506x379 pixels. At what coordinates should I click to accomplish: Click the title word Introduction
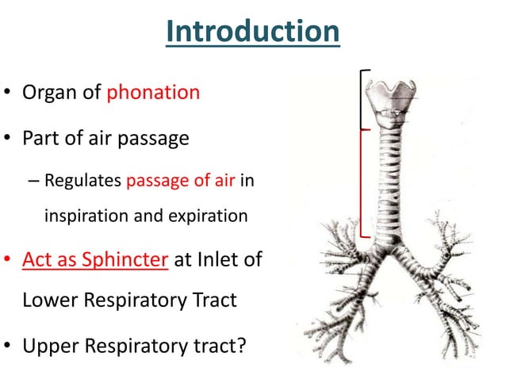253,32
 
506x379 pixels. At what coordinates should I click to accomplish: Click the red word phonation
152,92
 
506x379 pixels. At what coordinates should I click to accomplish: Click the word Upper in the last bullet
49,345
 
